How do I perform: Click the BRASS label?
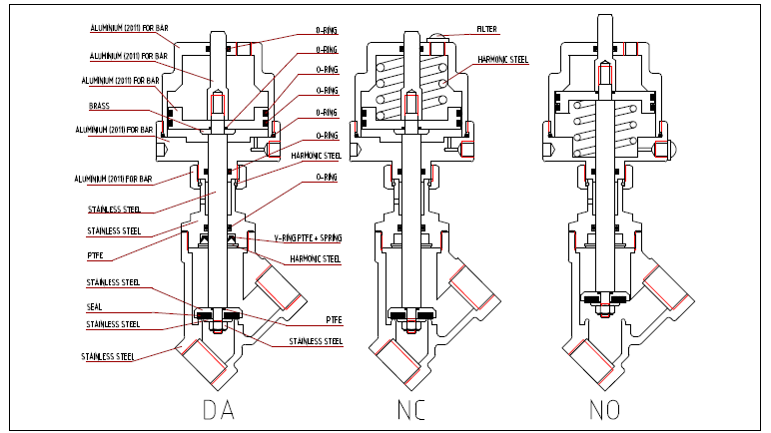pos(100,105)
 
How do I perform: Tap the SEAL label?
pos(97,306)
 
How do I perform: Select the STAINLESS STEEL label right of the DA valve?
pos(317,341)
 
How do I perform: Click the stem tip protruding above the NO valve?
pos(603,25)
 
